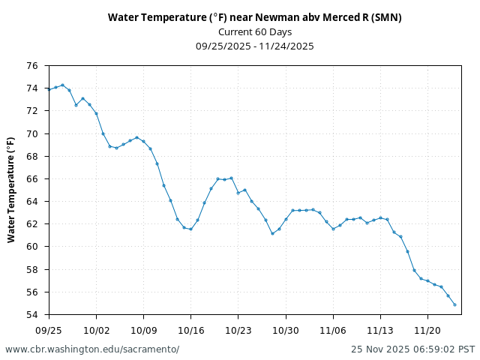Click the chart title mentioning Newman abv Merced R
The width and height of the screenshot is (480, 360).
point(254,17)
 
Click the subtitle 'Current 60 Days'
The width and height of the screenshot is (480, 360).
point(254,31)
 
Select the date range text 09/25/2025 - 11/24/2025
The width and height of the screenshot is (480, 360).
point(254,46)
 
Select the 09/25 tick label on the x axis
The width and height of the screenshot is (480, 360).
point(49,329)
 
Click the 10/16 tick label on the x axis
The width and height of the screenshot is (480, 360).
point(190,329)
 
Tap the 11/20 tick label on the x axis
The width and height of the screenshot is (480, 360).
point(427,329)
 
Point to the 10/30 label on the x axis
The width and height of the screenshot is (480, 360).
point(285,329)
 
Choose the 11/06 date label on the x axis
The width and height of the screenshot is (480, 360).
point(333,329)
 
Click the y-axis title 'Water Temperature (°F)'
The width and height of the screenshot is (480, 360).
point(11,190)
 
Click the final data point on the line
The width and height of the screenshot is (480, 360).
point(454,304)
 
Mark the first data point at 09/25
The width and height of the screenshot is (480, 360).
point(49,89)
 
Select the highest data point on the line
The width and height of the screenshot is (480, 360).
point(62,85)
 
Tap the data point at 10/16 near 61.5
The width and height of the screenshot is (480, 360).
point(190,229)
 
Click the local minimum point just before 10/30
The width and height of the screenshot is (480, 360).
point(272,233)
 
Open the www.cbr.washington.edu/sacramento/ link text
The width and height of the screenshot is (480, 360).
point(92,349)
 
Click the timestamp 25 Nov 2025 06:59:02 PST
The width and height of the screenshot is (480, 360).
point(412,349)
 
